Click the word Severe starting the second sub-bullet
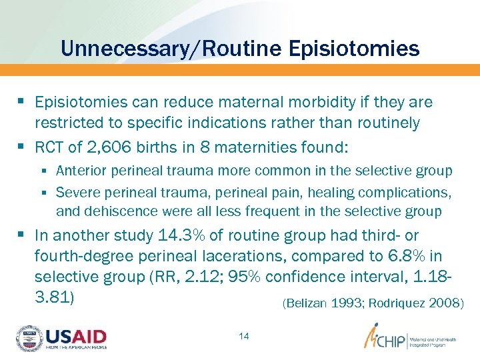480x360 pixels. (75, 193)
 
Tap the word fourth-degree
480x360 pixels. (79, 256)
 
